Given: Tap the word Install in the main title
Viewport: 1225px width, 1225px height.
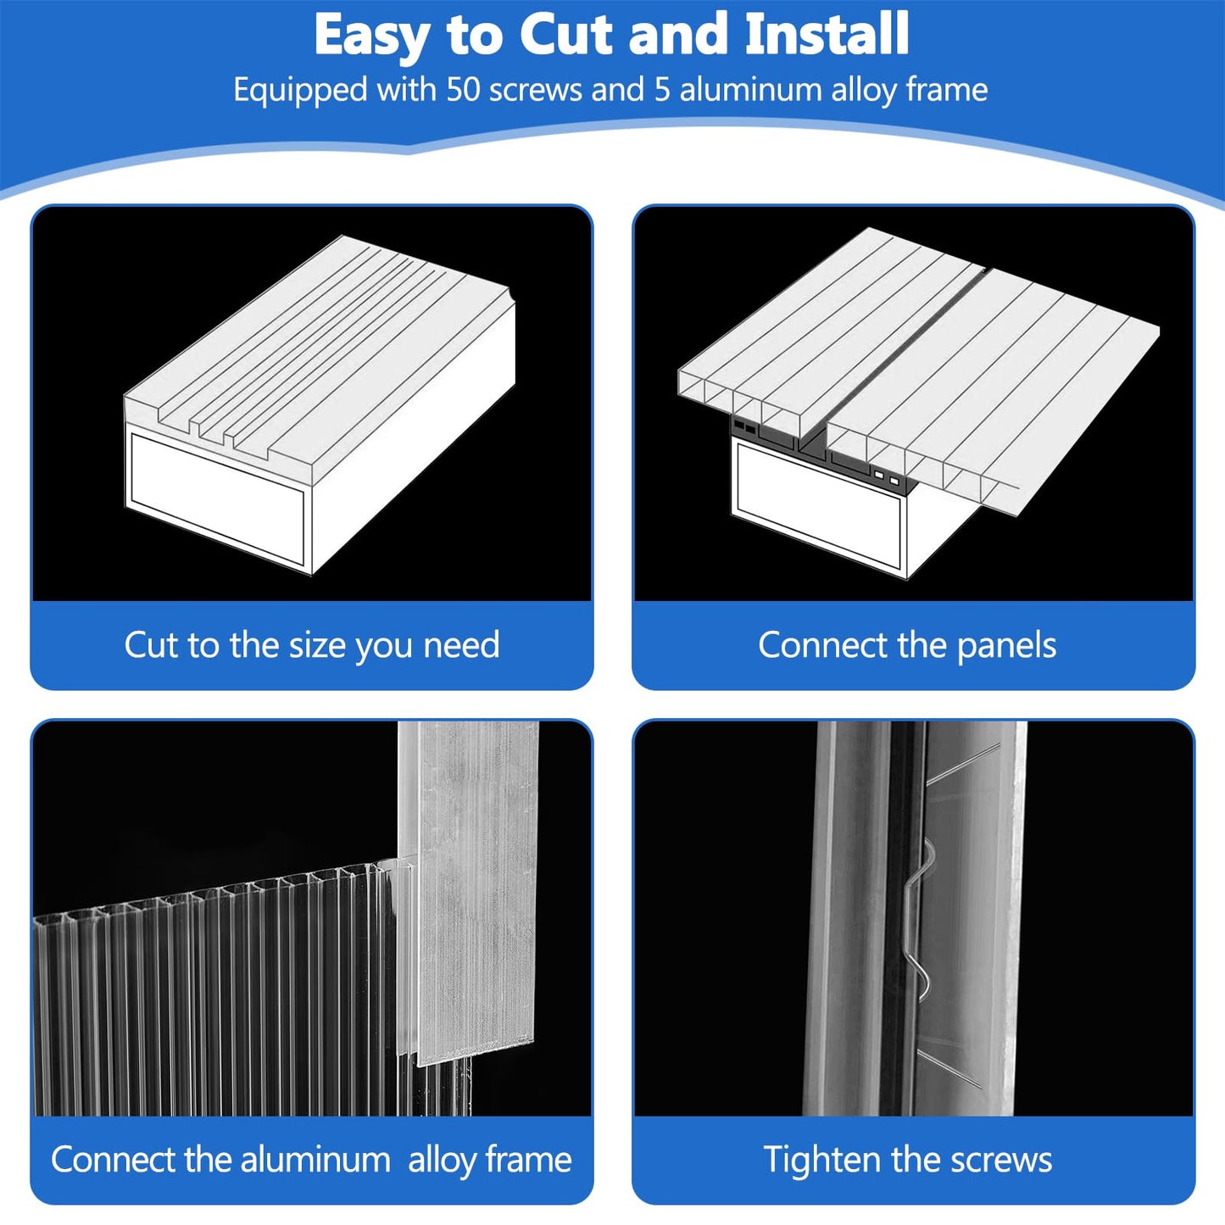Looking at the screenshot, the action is [x=827, y=34].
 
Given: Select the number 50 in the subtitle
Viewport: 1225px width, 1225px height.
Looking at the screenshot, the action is [x=465, y=90].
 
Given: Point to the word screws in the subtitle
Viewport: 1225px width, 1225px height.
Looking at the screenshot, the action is [x=535, y=91].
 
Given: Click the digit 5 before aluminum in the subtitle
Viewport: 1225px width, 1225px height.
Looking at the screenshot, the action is [x=662, y=90].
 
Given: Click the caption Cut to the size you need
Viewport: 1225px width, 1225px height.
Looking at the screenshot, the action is [x=311, y=645].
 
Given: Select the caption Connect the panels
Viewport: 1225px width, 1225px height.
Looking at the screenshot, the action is [x=907, y=645].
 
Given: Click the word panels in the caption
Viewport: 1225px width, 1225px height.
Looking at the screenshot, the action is [x=1006, y=645].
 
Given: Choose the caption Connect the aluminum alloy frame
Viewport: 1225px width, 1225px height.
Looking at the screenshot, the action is [x=311, y=1161].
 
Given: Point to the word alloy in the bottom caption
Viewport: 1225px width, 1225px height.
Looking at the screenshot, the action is [x=443, y=1161].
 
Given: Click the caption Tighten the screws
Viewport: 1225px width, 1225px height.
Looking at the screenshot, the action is [x=908, y=1161].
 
